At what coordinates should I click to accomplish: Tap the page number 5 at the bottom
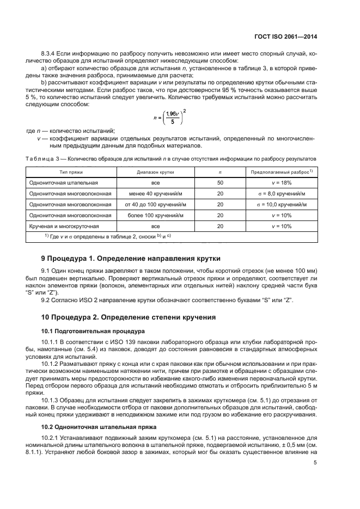(x=315, y=463)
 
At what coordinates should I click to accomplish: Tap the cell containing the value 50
(x=220, y=183)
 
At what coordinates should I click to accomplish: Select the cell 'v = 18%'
(x=282, y=183)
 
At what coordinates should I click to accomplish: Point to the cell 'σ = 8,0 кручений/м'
(x=282, y=194)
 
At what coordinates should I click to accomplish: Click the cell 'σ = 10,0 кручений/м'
(x=282, y=205)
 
